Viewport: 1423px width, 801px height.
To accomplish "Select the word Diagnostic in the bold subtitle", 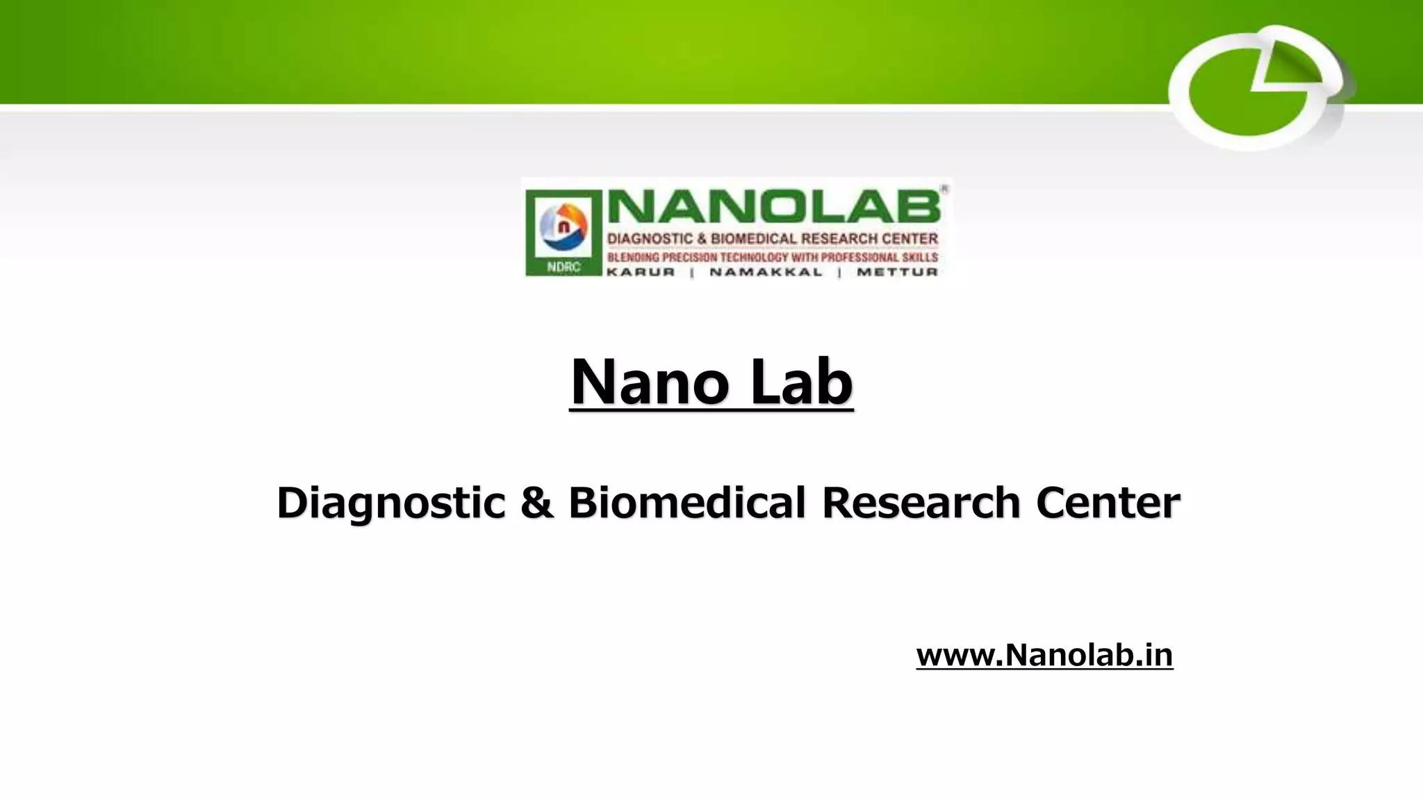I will click(x=390, y=502).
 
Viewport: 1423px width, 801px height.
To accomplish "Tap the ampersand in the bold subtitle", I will click(x=536, y=502).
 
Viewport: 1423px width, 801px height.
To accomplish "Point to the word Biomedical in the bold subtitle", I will click(x=686, y=502).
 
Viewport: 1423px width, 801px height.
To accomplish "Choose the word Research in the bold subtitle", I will click(x=921, y=502).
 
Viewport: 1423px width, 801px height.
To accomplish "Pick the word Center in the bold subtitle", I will click(x=1108, y=502).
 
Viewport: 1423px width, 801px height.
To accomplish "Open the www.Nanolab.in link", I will click(x=1044, y=655).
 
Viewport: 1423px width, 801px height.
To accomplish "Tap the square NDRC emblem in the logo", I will click(x=564, y=232).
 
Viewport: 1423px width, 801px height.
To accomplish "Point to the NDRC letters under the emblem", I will click(x=564, y=267).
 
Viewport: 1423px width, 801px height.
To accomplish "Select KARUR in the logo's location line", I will click(x=641, y=272).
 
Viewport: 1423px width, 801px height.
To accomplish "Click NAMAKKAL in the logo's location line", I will click(x=766, y=272).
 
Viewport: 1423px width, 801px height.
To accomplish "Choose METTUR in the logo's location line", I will click(x=897, y=272).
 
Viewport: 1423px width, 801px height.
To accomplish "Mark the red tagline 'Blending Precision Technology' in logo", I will click(x=772, y=257).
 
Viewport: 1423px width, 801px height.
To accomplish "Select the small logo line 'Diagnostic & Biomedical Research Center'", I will click(x=772, y=239).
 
